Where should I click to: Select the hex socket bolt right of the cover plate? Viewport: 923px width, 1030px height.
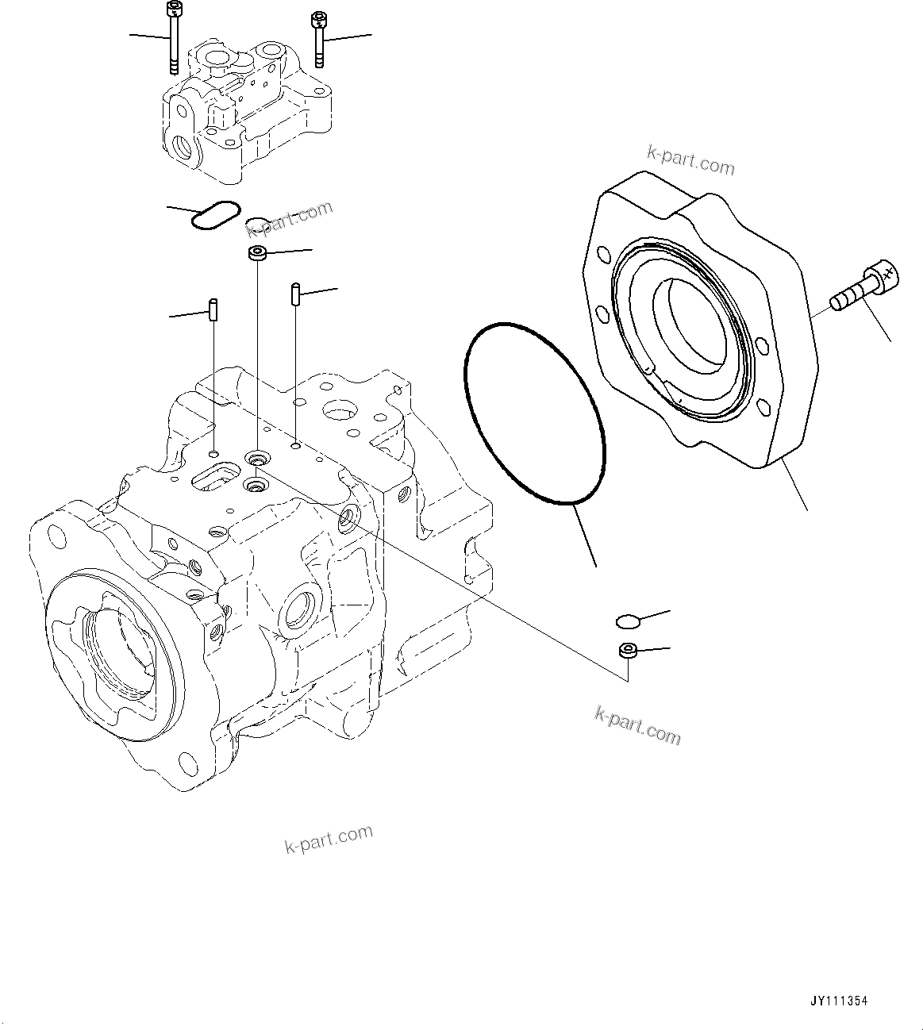[863, 290]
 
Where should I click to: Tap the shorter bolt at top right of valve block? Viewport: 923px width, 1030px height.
[319, 38]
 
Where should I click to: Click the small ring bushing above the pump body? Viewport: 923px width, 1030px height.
[256, 254]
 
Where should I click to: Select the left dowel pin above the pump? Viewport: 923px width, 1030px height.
[213, 309]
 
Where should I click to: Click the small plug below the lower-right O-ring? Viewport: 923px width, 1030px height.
[627, 651]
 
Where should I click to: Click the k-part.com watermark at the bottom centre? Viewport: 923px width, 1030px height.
[329, 838]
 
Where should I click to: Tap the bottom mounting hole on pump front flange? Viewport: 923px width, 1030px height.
[189, 764]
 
